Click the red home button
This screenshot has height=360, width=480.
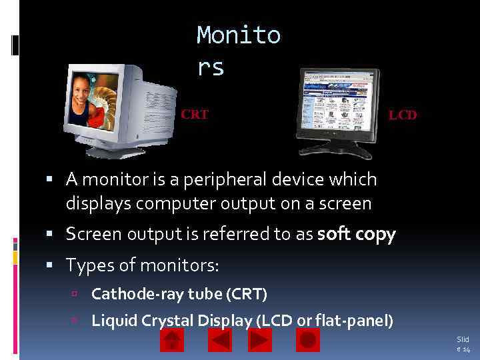pos(173,341)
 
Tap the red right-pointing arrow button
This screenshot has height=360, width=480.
pos(259,341)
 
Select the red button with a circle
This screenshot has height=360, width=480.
pos(307,341)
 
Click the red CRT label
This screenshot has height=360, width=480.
pos(195,115)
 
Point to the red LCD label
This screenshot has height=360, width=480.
pos(403,115)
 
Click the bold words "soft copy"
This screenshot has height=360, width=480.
pos(357,235)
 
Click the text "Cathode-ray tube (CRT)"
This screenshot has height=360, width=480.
pos(179,293)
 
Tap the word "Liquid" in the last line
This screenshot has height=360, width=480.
pos(115,321)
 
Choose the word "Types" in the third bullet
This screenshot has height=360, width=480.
pos(88,265)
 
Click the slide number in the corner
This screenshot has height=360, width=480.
pos(463,344)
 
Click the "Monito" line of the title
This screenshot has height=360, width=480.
pos(239,35)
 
